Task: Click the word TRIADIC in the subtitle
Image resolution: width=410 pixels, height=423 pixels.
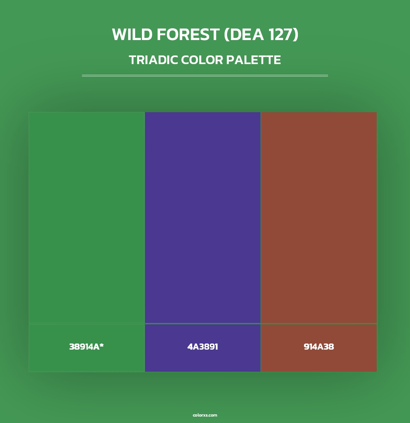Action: point(153,60)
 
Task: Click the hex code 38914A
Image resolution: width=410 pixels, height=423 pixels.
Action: point(84,347)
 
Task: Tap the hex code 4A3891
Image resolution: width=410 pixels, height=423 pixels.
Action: point(203,347)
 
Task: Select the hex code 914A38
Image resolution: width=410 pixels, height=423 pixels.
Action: point(319,347)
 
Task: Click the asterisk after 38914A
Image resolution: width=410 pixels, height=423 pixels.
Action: point(102,345)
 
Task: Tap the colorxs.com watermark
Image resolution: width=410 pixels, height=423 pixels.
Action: point(205,415)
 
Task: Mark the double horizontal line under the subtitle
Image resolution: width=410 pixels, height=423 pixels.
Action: point(205,76)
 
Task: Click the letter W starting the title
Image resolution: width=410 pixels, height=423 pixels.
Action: point(119,35)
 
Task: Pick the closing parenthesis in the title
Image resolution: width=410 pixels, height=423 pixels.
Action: point(296,35)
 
